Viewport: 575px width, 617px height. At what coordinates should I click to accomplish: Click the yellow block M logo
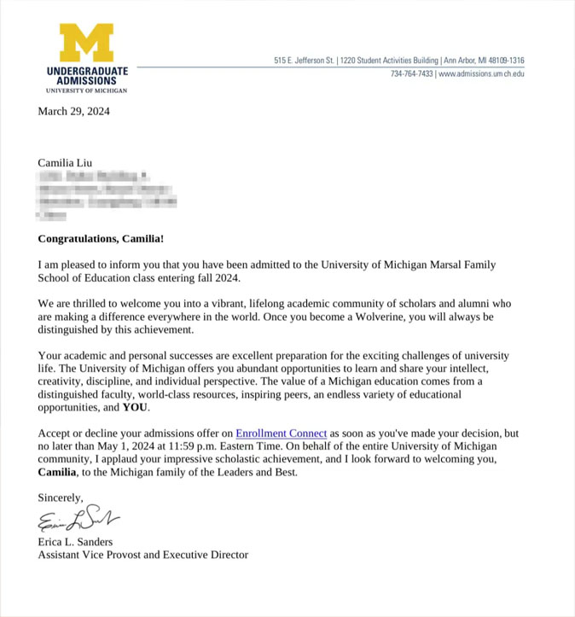(x=86, y=43)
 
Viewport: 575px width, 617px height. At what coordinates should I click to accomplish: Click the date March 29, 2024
(x=73, y=111)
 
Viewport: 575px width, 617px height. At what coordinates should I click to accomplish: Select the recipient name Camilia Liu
(x=65, y=162)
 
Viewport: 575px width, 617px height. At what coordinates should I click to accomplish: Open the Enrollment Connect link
(x=282, y=434)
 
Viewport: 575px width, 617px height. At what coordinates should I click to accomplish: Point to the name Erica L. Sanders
(x=75, y=542)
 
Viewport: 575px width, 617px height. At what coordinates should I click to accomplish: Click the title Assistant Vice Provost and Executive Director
(x=143, y=556)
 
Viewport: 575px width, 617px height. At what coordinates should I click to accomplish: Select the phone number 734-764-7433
(x=412, y=74)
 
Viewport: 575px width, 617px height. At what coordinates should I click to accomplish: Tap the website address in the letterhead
(x=481, y=74)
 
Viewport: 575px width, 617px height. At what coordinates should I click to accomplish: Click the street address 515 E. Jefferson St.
(x=304, y=61)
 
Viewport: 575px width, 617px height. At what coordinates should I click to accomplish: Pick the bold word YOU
(x=136, y=408)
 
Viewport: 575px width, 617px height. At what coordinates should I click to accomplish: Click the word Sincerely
(x=61, y=497)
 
